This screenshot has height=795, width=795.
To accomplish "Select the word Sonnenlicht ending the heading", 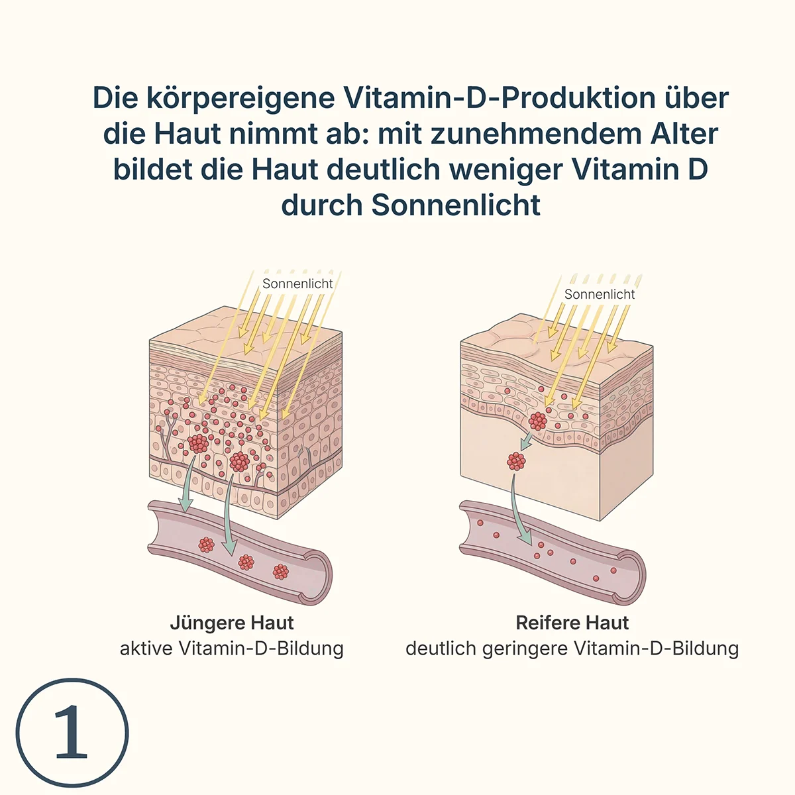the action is click(456, 205).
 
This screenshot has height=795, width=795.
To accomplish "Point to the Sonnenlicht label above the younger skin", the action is click(297, 284).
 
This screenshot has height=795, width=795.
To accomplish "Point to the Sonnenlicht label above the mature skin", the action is click(600, 294).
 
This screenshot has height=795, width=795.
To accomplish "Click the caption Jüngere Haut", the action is click(232, 623).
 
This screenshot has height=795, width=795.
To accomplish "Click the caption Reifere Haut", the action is click(572, 623).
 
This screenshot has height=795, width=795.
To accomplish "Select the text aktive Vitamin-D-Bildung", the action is click(231, 649).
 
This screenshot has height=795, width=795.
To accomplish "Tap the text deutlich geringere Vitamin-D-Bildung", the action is click(572, 649).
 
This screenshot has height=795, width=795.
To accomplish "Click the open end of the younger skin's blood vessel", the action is click(317, 577).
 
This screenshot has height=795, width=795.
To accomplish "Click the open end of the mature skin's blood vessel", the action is click(631, 577).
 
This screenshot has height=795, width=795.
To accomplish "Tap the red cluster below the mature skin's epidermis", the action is click(516, 462).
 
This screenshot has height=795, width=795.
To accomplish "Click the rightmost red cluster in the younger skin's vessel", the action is click(280, 571).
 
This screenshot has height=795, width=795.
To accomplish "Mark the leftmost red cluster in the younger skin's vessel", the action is click(206, 545).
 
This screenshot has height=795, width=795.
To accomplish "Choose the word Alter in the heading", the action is click(684, 134).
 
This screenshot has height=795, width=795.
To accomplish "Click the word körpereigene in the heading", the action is click(240, 99).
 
